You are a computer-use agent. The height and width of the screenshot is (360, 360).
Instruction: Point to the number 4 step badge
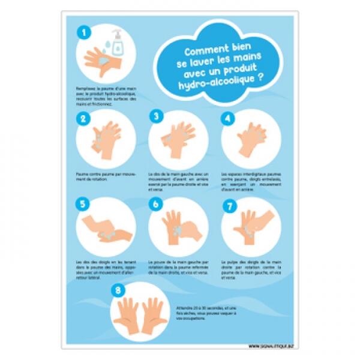[x=227, y=118]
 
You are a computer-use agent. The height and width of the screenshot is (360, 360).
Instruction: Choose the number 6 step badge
[x=156, y=205]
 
